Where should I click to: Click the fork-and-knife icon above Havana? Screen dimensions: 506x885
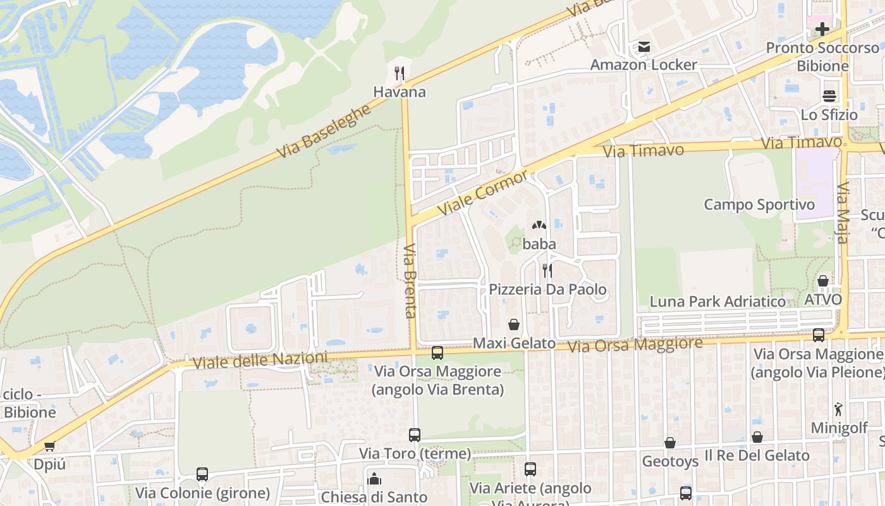(x=399, y=73)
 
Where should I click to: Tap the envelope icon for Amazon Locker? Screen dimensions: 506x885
(x=644, y=47)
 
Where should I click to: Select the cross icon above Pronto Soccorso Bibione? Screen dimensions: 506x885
(x=822, y=29)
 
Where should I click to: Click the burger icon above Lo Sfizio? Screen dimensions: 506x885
(x=829, y=96)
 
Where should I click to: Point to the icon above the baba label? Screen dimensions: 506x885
(x=539, y=225)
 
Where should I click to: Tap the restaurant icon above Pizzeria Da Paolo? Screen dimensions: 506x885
(x=547, y=271)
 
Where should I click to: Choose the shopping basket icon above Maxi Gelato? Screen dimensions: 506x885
(x=514, y=324)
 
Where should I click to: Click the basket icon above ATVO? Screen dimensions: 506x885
(x=822, y=281)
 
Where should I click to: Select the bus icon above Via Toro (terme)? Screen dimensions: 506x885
(x=415, y=435)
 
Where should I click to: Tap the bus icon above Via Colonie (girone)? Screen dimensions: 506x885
(x=202, y=474)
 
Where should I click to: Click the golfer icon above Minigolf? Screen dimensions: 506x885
(x=838, y=409)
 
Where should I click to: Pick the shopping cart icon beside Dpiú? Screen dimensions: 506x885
(x=49, y=447)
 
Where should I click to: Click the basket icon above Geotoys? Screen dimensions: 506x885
(x=670, y=443)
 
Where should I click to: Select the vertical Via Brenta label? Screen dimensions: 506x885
(x=410, y=281)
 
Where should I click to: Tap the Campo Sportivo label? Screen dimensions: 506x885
(x=759, y=204)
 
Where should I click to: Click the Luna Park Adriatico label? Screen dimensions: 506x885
(x=717, y=301)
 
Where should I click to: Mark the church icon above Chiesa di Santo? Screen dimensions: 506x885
(x=374, y=479)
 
